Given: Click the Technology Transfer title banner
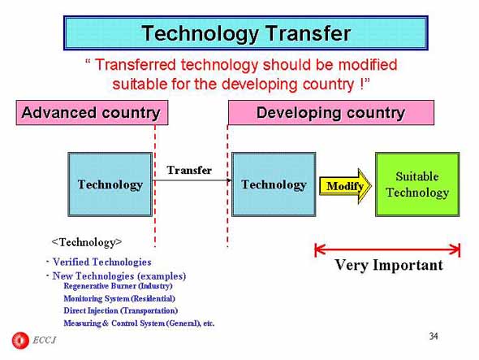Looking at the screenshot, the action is point(246,33).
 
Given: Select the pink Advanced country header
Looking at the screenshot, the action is point(92,113).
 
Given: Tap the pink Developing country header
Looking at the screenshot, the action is point(331,113).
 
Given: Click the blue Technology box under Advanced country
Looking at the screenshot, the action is point(110,184).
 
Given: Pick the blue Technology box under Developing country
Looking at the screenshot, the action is point(274,184).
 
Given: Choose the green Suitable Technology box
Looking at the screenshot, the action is point(417,184).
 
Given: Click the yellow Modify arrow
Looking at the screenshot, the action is point(346,186).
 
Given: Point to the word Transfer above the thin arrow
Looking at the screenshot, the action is point(189,170).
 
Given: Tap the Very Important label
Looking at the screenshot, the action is point(389,265).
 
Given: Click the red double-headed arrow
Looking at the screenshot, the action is point(387,250).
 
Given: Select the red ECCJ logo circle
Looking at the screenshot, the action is point(20,340).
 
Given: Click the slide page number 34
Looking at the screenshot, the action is point(434,336).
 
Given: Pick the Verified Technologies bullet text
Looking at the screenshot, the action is point(102,262).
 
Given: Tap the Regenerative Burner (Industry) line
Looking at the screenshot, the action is point(118,286).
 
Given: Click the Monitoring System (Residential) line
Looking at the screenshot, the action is point(119,298).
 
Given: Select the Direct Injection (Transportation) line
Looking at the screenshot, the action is point(121,310).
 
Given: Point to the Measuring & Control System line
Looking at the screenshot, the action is point(139,323).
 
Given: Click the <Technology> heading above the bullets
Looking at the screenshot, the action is point(87,242).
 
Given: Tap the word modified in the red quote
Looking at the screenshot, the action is point(368,65).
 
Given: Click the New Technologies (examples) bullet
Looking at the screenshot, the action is point(119,275).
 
